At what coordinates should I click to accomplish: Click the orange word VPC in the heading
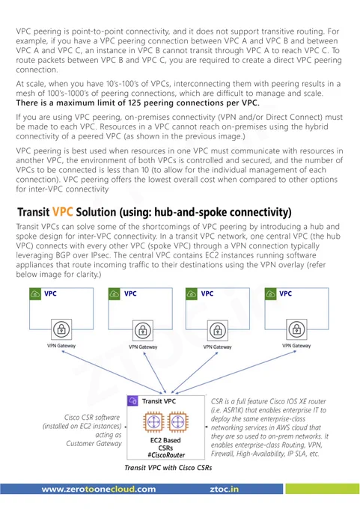pos(62,212)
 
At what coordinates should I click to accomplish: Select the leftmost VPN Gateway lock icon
pos(61,329)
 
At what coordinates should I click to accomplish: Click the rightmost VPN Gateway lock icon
pos(296,329)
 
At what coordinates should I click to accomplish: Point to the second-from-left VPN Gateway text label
pos(143,347)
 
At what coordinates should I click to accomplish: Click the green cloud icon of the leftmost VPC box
pos(35,293)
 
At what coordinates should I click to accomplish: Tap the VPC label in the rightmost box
pos(285,293)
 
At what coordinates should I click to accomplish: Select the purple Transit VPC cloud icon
pos(132,401)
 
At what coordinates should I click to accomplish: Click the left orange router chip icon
pos(153,422)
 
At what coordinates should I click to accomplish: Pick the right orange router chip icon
pos(177,422)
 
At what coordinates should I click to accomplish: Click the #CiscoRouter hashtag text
pos(166,455)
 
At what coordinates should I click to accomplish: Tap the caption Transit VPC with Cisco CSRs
pos(168,467)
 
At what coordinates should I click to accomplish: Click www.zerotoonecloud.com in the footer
pos(99,489)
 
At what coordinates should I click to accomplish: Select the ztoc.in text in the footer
pos(224,489)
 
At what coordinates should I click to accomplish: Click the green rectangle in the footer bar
pos(322,489)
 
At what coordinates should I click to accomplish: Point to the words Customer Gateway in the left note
pos(94,443)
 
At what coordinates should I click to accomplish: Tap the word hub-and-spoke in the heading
pos(191,212)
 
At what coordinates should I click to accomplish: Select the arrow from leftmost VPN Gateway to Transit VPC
pos(114,372)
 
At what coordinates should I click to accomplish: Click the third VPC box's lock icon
pos(218,330)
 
